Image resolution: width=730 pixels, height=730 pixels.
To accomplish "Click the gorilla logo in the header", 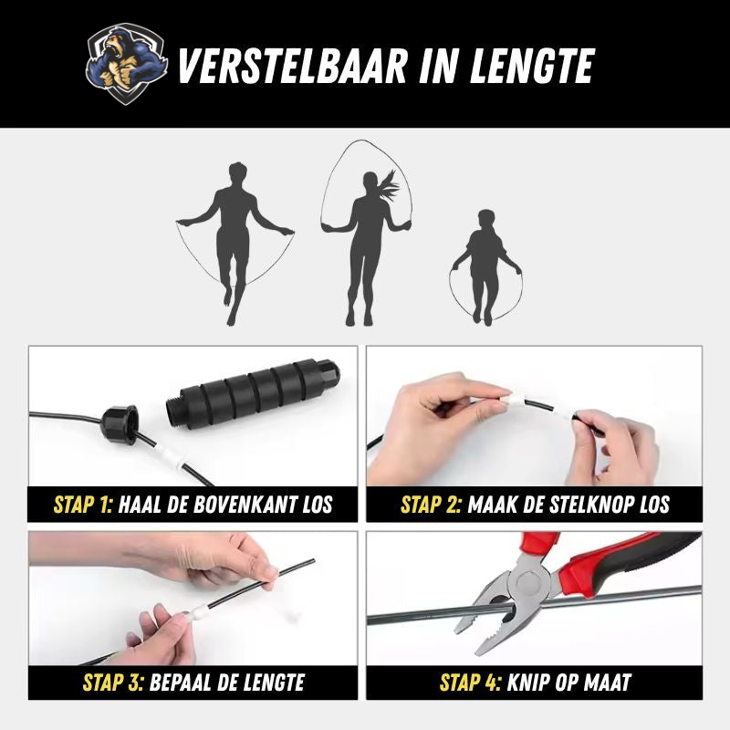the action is click(x=127, y=64).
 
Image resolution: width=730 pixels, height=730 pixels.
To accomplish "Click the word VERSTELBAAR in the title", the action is click(x=292, y=66).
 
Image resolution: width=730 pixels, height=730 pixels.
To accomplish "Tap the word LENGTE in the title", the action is click(x=532, y=66).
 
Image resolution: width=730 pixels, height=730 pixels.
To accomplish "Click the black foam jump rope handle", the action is click(x=253, y=392).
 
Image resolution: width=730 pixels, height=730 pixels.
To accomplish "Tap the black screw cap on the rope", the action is click(x=120, y=424).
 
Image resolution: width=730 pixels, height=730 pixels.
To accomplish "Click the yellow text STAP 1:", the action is click(x=83, y=505).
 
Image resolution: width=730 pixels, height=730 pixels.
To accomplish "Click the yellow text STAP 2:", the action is click(x=431, y=505).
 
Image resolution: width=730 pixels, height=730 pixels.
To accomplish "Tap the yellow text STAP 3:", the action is click(x=113, y=682).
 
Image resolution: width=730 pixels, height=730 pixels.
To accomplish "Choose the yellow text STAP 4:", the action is click(x=471, y=682).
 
